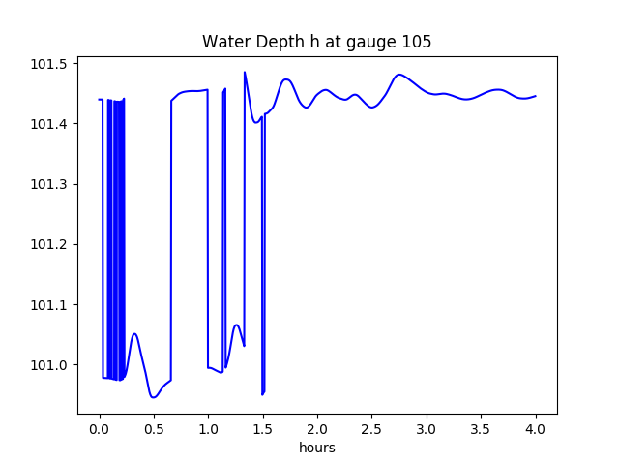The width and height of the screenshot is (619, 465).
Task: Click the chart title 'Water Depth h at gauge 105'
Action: (316, 42)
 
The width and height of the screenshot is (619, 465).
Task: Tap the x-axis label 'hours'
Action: (316, 449)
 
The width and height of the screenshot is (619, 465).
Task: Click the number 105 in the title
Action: (418, 42)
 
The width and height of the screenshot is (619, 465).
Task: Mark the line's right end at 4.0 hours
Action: (536, 96)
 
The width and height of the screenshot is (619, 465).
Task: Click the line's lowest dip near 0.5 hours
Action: (153, 397)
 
